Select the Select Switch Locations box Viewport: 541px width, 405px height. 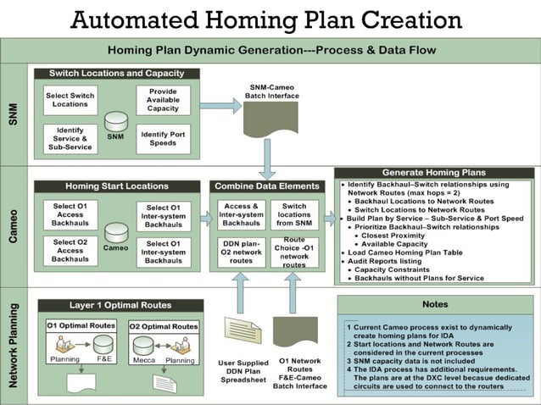click(70, 99)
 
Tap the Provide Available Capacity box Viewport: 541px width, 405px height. click(163, 99)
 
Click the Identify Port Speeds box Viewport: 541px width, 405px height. click(163, 137)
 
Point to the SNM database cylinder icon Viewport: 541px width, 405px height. click(116, 121)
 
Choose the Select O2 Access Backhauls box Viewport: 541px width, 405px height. click(70, 252)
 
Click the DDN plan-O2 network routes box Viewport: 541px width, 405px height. click(242, 252)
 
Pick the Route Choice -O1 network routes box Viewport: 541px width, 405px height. click(294, 252)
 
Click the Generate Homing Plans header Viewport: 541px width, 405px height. click(435, 173)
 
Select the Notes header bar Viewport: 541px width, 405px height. click(435, 304)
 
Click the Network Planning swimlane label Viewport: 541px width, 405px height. click(14, 346)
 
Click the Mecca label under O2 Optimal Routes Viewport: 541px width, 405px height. click(143, 359)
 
